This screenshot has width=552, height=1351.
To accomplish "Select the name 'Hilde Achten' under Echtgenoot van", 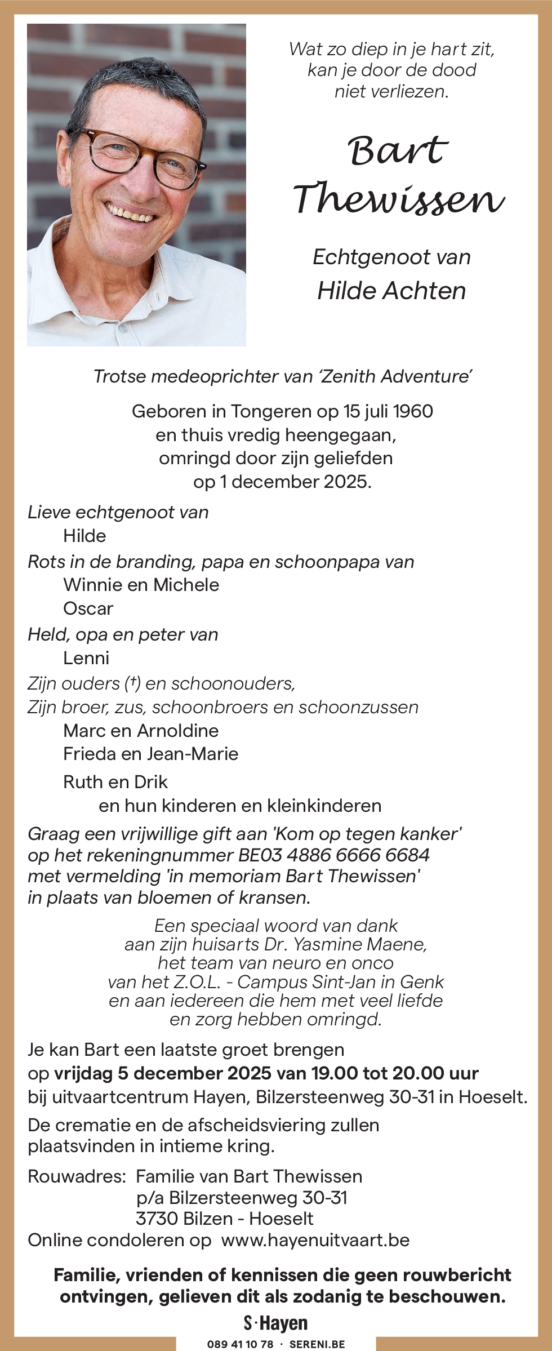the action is pyautogui.click(x=391, y=291).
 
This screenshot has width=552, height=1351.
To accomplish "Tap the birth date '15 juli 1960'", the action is pyautogui.click(x=388, y=411).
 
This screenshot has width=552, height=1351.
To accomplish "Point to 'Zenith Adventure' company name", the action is pyautogui.click(x=395, y=376).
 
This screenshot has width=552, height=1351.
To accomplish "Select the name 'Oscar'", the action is pyautogui.click(x=88, y=608).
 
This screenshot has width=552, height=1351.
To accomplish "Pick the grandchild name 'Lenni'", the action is pyautogui.click(x=86, y=658).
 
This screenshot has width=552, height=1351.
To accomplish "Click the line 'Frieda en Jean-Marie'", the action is pyautogui.click(x=151, y=754).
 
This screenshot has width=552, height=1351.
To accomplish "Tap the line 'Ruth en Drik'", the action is pyautogui.click(x=115, y=782).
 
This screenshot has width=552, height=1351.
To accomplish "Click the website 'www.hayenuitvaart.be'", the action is pyautogui.click(x=315, y=1240).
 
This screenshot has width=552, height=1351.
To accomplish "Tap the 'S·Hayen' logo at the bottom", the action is pyautogui.click(x=276, y=1323).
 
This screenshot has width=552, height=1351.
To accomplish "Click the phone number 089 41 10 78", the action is pyautogui.click(x=240, y=1344).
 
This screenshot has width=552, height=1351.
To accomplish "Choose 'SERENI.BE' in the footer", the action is pyautogui.click(x=317, y=1344).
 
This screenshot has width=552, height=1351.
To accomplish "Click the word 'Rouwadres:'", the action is pyautogui.click(x=77, y=1176).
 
